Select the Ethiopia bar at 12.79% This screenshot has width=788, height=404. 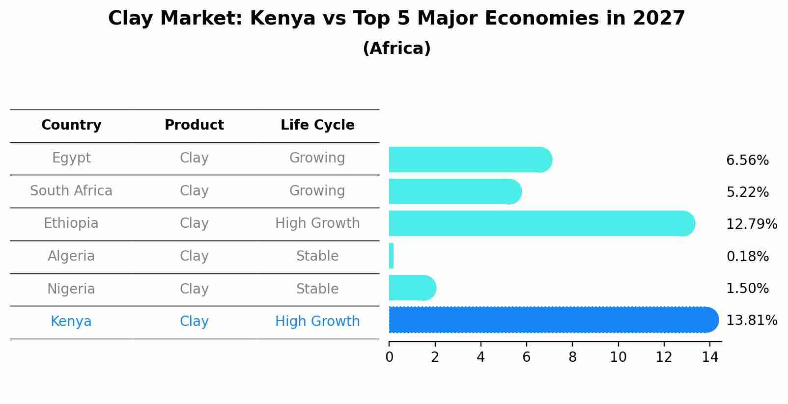[540, 224]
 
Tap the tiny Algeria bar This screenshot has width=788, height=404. [391, 256]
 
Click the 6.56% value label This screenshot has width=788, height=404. [747, 161]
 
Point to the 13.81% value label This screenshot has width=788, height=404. [751, 321]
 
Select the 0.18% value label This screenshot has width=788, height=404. [747, 256]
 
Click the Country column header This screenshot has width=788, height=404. [71, 125]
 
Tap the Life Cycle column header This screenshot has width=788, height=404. [317, 125]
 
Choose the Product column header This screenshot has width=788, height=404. [194, 125]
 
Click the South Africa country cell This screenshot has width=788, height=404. [71, 191]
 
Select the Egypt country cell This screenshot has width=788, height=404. [71, 158]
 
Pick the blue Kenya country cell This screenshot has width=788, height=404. [71, 322]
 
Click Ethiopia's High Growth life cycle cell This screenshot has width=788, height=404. [317, 223]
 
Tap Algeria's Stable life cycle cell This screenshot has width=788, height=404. [317, 256]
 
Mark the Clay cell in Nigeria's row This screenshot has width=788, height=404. [194, 289]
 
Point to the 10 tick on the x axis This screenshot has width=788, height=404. [618, 357]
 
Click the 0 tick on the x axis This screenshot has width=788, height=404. [389, 357]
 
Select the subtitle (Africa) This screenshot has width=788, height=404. [396, 49]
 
